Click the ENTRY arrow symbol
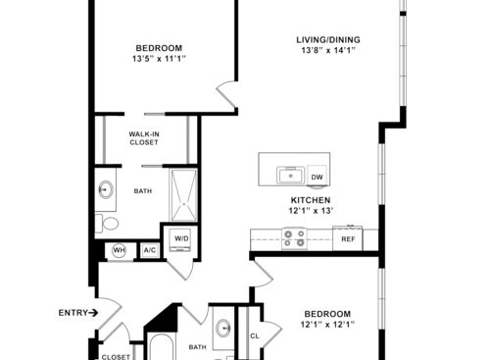93,313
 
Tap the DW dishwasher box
317,176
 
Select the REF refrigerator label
348,239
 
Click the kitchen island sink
290,176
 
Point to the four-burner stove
294,238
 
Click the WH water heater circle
119,250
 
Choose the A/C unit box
150,250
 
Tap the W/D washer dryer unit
180,240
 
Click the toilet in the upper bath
107,224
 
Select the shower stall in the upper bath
183,195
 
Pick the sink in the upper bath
106,189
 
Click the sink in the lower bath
224,328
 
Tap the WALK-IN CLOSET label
144,138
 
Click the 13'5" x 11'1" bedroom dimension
159,59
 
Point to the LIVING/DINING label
328,40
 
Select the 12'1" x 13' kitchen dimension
311,211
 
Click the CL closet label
255,335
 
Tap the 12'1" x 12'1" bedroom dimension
327,325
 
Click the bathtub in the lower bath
162,347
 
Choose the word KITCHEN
311,200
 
